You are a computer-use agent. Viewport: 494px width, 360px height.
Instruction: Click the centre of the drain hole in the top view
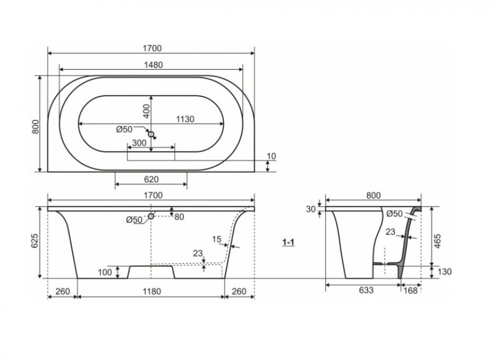151,134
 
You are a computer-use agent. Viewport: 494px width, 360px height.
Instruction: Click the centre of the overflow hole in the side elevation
151,216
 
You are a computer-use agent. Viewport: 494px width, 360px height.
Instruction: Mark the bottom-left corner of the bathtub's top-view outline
48,172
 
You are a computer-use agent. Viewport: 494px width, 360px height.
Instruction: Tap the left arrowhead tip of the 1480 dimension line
59,69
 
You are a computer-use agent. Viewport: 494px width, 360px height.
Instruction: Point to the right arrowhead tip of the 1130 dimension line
224,124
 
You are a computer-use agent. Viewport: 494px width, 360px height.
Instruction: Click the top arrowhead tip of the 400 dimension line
151,95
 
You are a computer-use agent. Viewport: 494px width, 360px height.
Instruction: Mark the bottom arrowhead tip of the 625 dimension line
40,278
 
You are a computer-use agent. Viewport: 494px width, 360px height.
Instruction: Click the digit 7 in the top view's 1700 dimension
149,48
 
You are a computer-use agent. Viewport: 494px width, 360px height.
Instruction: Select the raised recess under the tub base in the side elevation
151,272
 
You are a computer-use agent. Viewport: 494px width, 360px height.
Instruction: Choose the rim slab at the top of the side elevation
151,209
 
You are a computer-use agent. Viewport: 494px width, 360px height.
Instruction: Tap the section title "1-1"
288,242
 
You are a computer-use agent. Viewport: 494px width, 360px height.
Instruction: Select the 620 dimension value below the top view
151,179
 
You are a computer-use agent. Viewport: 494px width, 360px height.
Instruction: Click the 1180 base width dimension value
152,291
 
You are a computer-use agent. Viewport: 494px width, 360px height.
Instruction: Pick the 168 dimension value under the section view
410,290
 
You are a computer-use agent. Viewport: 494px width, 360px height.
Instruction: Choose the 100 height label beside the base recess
105,272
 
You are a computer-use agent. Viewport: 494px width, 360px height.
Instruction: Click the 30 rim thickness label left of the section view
311,209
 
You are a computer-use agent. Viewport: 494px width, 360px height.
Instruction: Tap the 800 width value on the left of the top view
36,127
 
